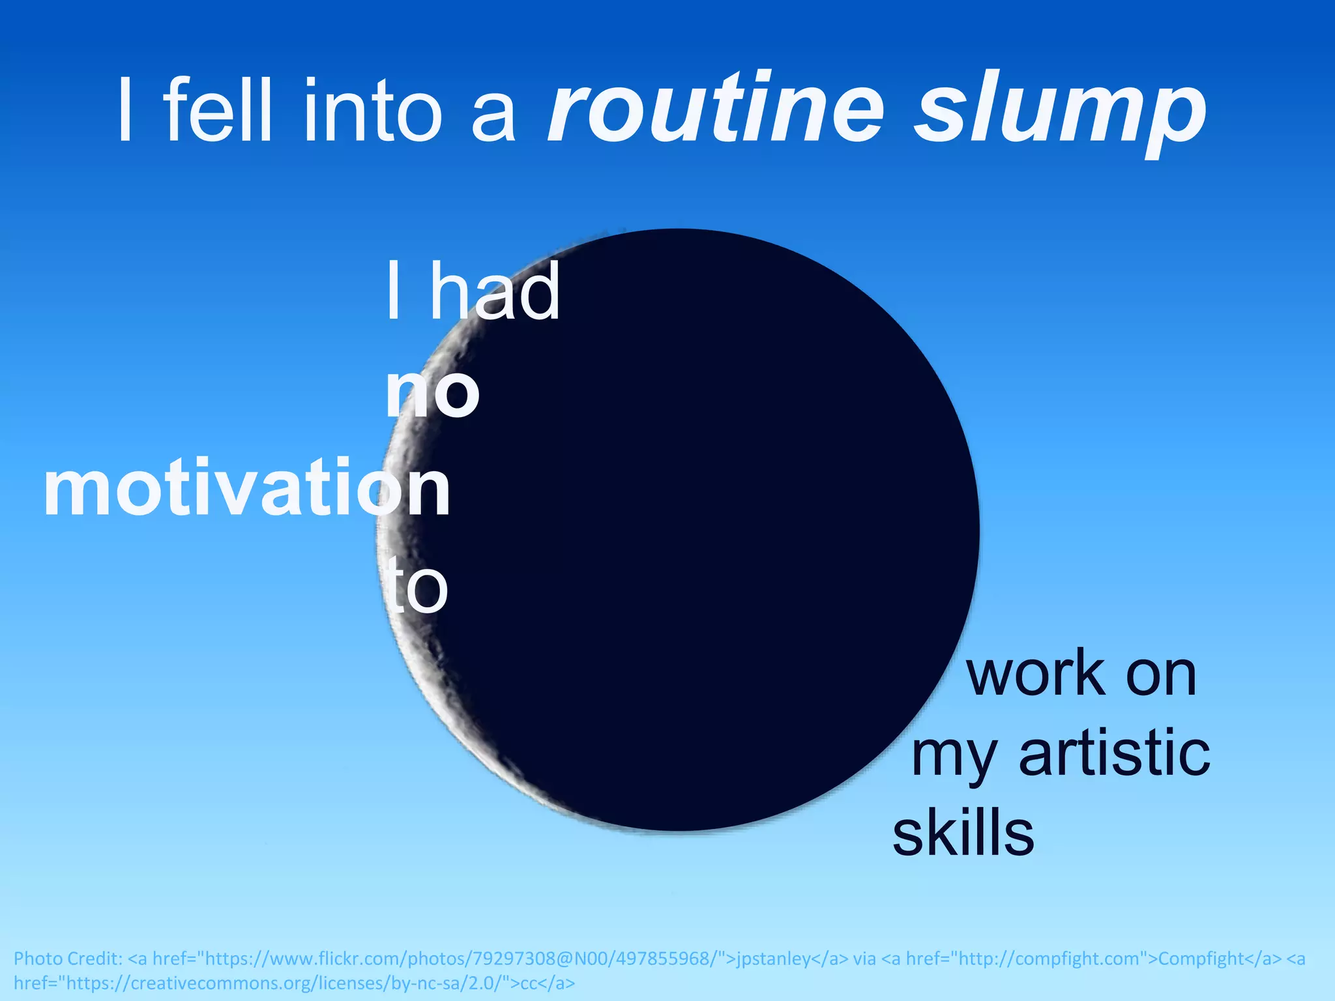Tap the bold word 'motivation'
click(x=246, y=488)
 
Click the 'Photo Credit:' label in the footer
click(x=68, y=959)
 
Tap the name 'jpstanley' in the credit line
click(x=773, y=959)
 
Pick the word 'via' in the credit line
click(x=865, y=959)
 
